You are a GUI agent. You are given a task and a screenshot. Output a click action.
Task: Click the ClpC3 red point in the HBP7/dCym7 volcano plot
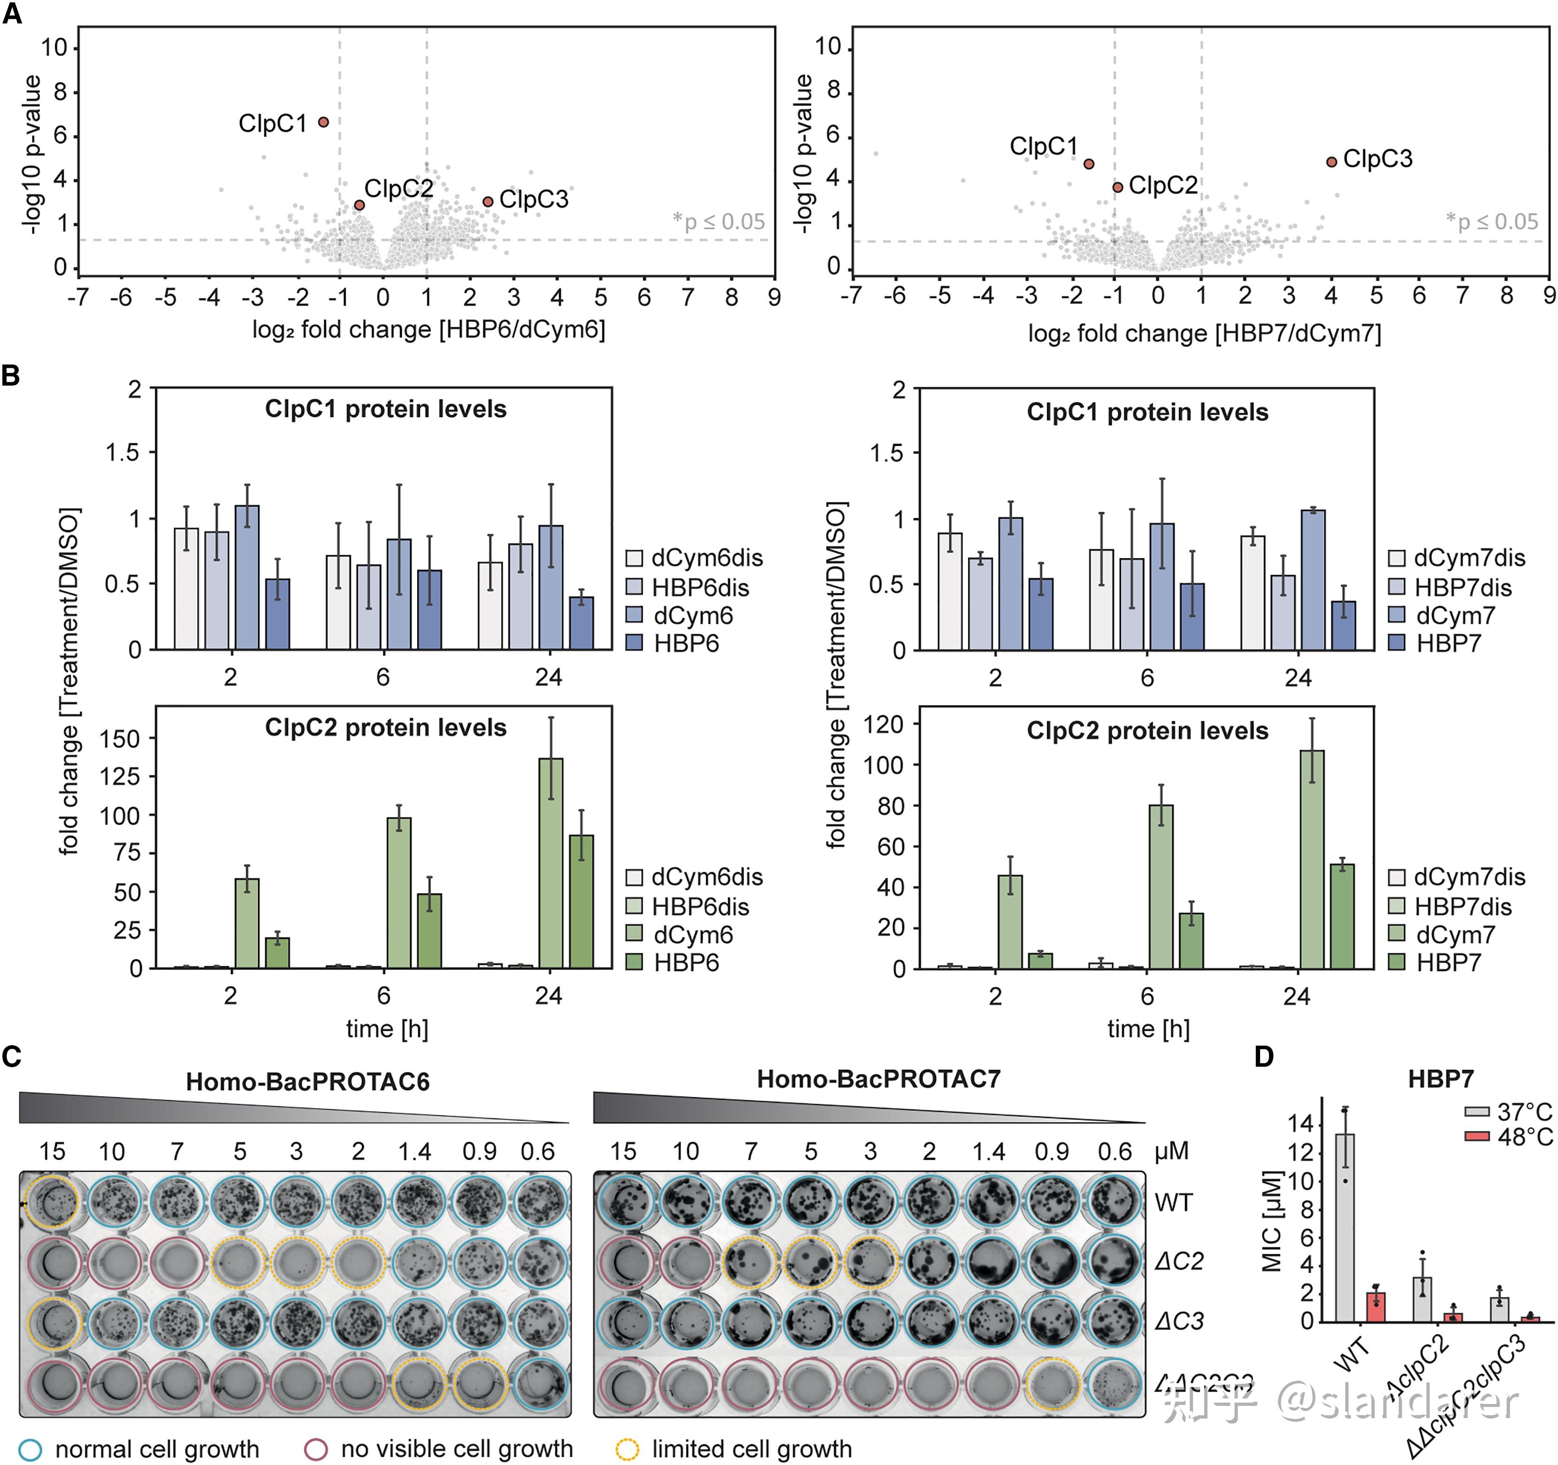coord(1331,162)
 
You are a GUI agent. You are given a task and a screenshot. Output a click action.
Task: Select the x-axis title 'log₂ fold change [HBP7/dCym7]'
coord(1205,334)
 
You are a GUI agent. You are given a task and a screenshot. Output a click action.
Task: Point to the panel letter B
coord(11,375)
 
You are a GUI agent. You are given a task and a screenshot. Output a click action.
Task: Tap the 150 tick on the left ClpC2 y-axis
coord(119,739)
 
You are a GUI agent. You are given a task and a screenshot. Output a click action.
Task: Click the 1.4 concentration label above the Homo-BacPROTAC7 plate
coord(988,1152)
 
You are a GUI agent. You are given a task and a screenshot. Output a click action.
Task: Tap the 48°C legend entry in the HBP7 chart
coord(1509,1137)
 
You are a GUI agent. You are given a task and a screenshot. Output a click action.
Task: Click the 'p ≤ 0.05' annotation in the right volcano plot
coord(1497,222)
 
